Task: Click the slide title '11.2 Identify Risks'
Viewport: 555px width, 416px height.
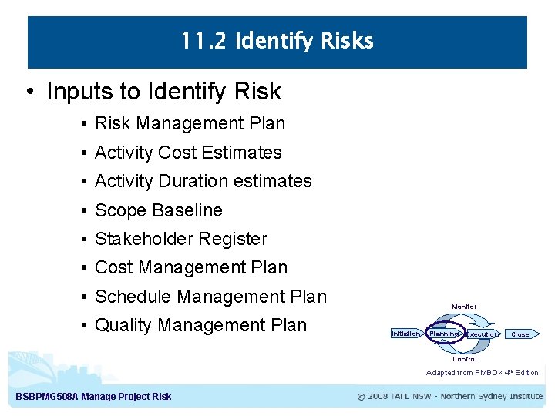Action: pos(277,42)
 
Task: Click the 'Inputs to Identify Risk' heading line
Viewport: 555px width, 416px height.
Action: pos(163,92)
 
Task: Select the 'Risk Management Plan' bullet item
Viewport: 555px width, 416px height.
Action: pos(190,123)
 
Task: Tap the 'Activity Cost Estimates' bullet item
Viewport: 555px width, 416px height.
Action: pos(188,153)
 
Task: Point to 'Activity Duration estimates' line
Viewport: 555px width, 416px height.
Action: pos(203,181)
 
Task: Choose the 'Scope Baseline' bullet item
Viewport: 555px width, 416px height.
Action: pos(158,210)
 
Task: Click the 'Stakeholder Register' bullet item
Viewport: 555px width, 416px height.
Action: pos(180,239)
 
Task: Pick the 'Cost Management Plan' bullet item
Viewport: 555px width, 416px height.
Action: pos(190,267)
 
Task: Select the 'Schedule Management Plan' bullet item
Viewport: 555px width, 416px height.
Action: pos(210,297)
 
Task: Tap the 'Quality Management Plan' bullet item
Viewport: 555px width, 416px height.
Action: pos(200,325)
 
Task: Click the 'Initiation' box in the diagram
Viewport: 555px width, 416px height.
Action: pos(405,334)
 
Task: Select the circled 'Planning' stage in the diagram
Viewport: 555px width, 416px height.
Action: pos(444,334)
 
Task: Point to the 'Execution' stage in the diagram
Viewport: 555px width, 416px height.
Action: pos(482,334)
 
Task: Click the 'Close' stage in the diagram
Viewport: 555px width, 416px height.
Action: pos(520,334)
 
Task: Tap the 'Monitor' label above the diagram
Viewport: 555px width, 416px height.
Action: pos(464,307)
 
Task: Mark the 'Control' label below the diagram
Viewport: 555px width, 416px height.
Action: pos(464,359)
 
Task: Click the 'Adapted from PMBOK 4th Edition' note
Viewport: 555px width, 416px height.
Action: pos(482,373)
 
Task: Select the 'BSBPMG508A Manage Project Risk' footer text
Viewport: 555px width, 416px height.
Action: pos(93,397)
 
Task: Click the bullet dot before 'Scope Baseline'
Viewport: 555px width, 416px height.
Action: pos(82,210)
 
